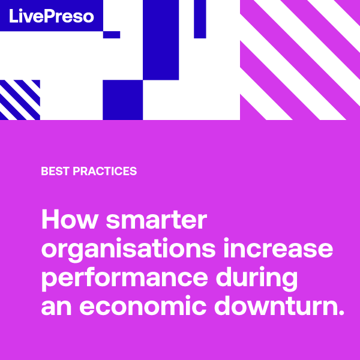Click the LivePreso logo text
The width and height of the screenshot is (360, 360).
(x=52, y=16)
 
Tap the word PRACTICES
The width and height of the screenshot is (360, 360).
(x=104, y=171)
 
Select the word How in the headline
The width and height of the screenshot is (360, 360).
(x=70, y=219)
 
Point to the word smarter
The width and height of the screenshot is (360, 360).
(x=157, y=220)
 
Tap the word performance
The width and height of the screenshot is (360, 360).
(x=125, y=278)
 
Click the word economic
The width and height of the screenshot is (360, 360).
(x=143, y=305)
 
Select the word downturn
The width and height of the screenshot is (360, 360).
(x=275, y=305)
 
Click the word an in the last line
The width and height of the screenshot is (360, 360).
(x=56, y=308)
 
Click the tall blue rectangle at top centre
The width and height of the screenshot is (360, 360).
(x=161, y=40)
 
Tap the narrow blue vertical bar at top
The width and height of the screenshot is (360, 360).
(x=200, y=19)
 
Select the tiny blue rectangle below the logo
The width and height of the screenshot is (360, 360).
(x=112, y=35)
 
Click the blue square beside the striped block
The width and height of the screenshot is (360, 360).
(x=122, y=100)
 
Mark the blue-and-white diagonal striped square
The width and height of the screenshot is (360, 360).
(x=20, y=100)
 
